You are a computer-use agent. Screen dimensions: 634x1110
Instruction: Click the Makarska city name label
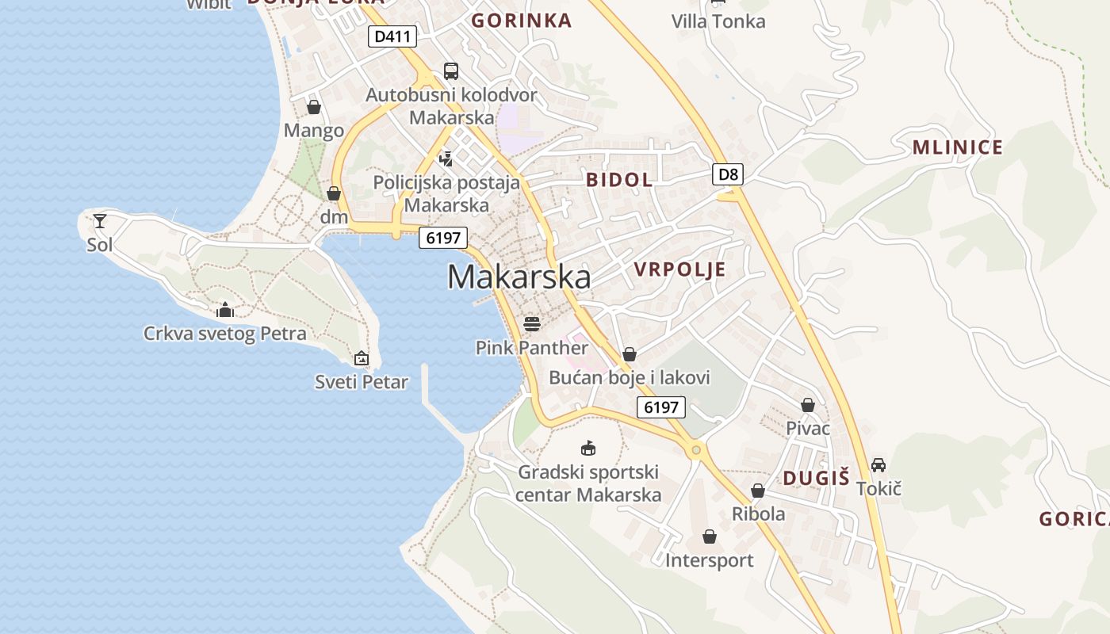[x=519, y=277]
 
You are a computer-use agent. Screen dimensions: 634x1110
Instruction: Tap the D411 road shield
[x=392, y=36]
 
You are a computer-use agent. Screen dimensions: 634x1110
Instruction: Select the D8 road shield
[x=727, y=174]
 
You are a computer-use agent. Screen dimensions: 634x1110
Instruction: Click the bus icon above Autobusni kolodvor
[x=450, y=71]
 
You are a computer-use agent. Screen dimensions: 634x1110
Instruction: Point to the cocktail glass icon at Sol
[x=100, y=220]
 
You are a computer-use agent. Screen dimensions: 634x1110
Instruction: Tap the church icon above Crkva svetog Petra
[x=225, y=309]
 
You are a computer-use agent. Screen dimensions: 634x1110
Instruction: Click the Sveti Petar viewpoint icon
[x=362, y=358]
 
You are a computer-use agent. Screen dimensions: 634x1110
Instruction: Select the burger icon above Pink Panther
[x=532, y=323]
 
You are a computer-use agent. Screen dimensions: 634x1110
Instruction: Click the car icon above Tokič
[x=878, y=464]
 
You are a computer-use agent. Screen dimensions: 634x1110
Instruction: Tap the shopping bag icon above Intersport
[x=710, y=537]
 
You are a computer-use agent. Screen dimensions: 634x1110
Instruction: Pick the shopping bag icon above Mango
[x=314, y=107]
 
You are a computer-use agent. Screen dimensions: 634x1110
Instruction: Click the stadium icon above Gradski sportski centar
[x=588, y=448]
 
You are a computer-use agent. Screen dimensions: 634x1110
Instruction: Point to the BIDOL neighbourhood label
[x=619, y=180]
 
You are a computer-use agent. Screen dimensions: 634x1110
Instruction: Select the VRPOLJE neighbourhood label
[x=679, y=269]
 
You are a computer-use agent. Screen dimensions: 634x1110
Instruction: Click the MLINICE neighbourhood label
[x=957, y=147]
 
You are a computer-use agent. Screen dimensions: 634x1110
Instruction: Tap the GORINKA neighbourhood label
[x=521, y=21]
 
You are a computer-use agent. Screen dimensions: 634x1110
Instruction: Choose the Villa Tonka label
[x=718, y=21]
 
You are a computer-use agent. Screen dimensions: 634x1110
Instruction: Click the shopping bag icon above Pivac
[x=807, y=406]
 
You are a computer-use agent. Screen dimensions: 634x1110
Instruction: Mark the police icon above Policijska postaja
[x=446, y=158]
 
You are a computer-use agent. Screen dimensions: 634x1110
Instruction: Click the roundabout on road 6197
[x=696, y=450]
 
